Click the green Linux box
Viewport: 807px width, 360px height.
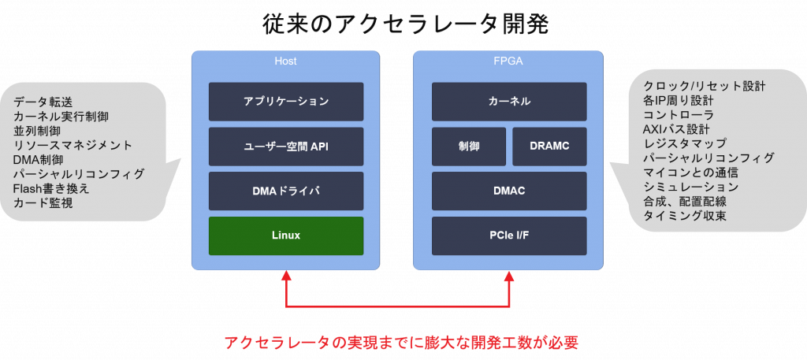(286, 236)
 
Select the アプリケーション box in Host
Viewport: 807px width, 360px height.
(286, 102)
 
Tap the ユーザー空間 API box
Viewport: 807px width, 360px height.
(286, 147)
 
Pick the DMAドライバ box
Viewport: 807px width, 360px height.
(286, 191)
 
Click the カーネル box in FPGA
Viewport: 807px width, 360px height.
(509, 102)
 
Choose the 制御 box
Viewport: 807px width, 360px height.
(469, 147)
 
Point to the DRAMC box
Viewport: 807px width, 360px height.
(549, 147)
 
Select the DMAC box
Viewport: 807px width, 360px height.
(509, 191)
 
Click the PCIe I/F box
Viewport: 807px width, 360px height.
(509, 236)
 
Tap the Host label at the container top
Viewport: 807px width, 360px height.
(285, 61)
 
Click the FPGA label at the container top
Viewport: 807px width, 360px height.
(509, 61)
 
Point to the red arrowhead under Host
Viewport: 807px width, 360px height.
(286, 276)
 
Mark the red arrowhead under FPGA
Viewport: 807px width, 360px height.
(509, 276)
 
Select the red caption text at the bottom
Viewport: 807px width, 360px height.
(402, 342)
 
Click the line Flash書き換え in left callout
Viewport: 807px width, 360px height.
(51, 188)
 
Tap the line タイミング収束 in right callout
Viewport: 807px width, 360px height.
(685, 216)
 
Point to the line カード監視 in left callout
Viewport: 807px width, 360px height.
(43, 203)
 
